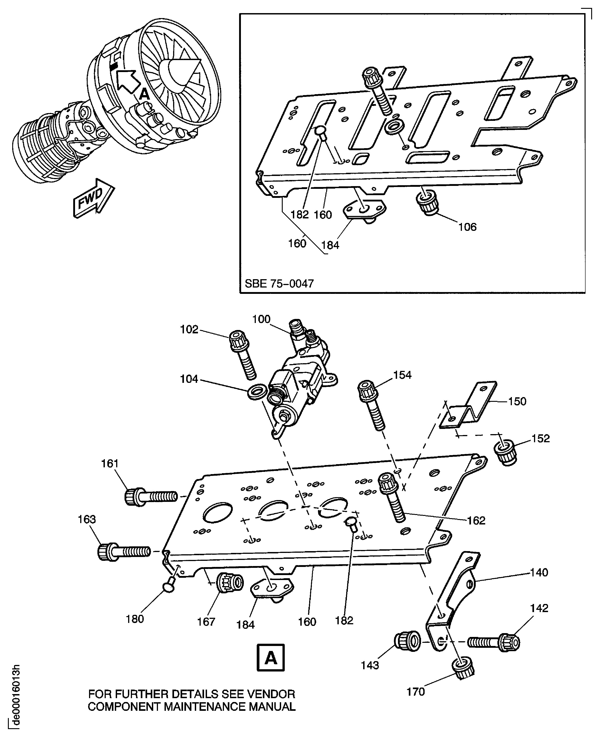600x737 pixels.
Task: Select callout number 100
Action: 261,319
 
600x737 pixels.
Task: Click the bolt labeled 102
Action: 243,354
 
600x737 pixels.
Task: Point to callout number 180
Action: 134,619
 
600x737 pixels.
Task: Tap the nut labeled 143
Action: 408,641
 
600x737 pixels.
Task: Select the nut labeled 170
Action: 463,668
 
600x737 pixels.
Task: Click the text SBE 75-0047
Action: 279,283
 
